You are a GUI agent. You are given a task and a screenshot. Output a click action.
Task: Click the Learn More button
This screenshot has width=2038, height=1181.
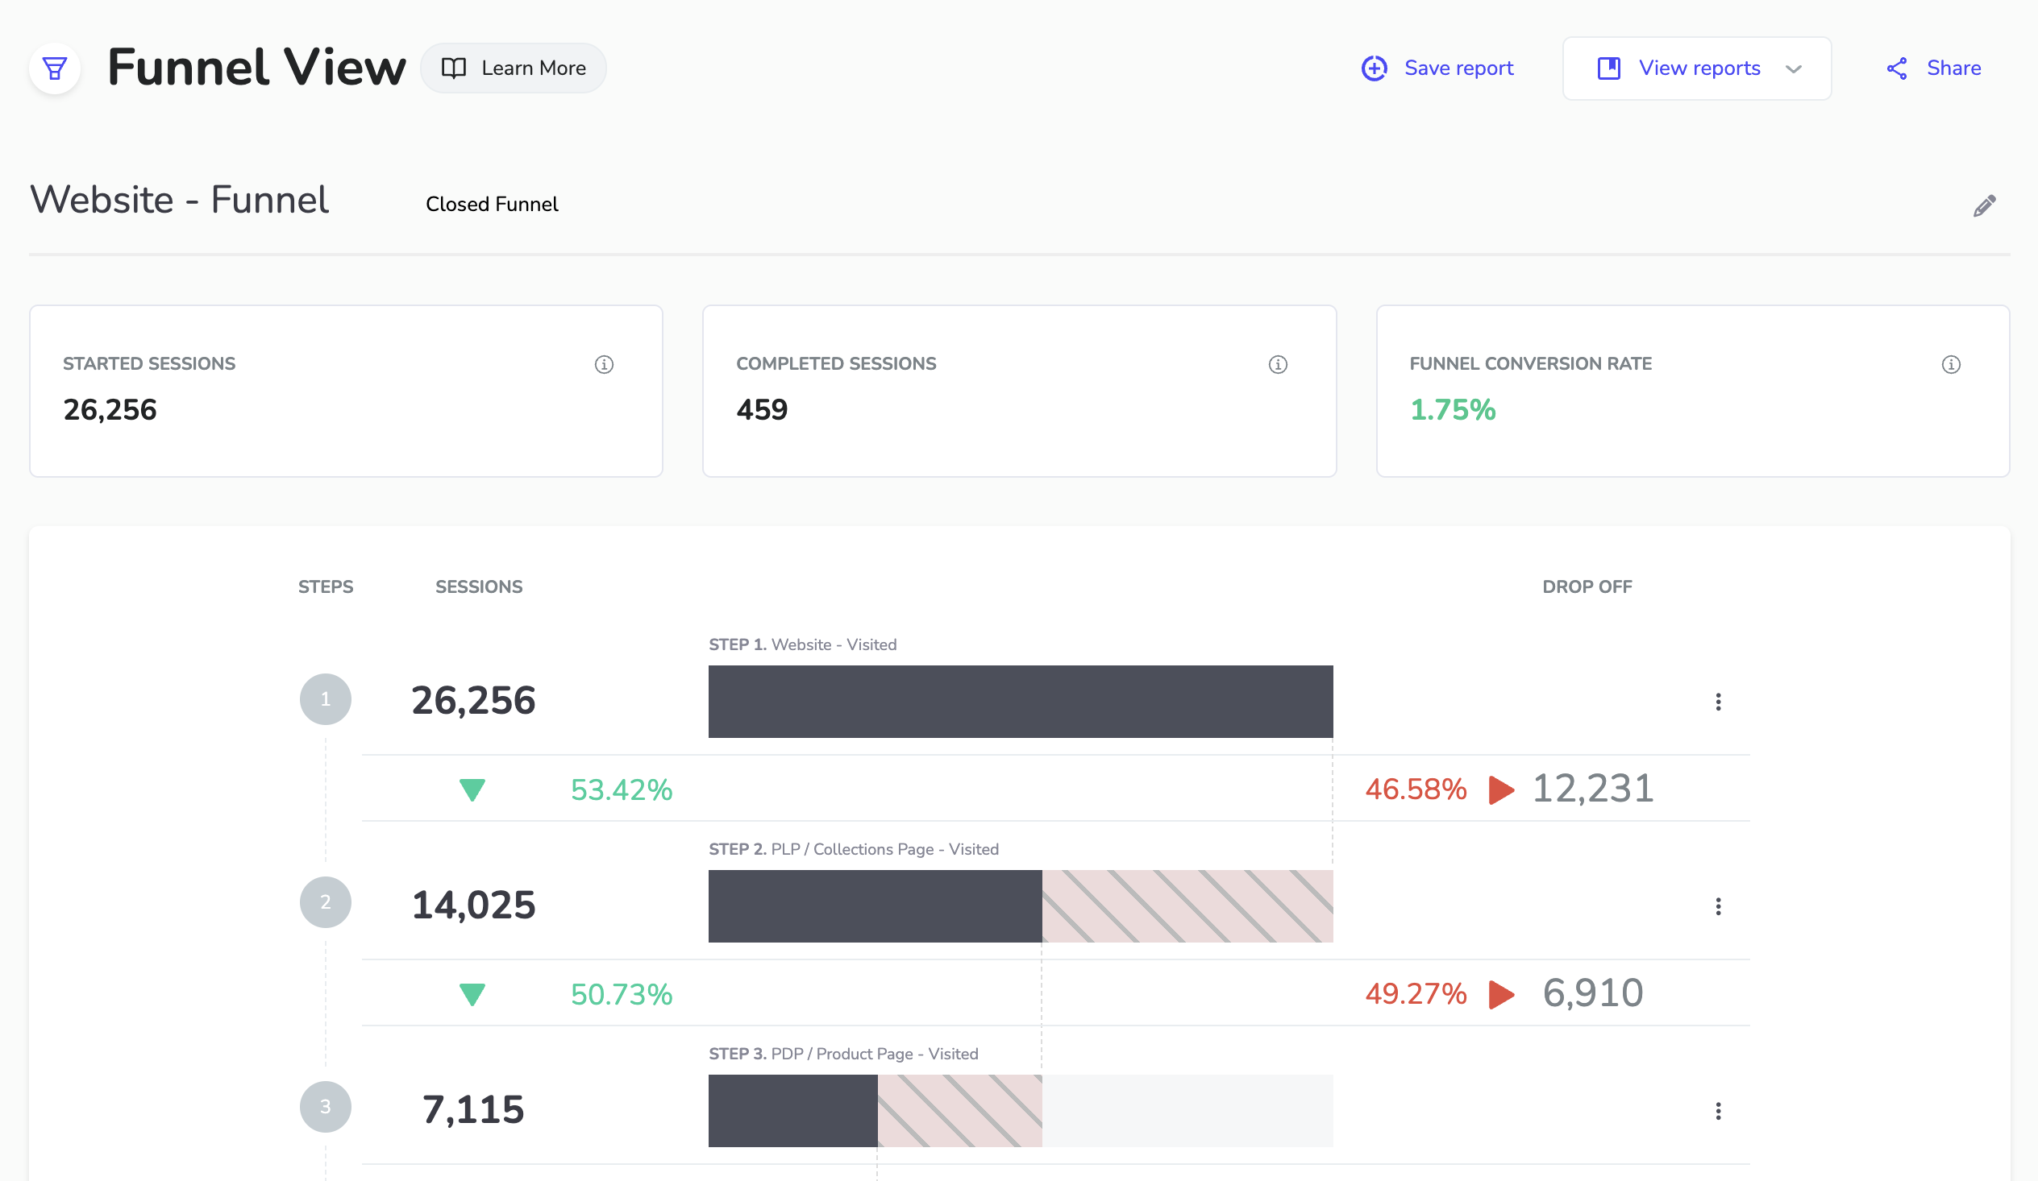coord(514,68)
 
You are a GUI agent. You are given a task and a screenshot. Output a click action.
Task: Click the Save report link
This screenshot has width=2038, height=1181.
coord(1437,68)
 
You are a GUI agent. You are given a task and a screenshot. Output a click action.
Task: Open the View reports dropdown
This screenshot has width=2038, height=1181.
coord(1697,68)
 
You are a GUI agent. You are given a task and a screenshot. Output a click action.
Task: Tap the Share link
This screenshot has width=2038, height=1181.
coord(1934,68)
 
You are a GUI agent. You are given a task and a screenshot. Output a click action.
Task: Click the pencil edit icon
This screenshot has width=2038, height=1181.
coord(1984,206)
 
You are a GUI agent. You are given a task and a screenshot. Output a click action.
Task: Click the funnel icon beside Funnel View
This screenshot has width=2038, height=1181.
coord(54,68)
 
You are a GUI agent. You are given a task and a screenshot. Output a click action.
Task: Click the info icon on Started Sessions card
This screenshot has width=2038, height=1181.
coord(604,365)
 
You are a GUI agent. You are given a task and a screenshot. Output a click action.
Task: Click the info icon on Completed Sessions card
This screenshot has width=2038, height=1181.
coord(1278,365)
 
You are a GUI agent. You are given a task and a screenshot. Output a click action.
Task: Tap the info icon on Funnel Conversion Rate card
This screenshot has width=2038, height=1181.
coord(1951,365)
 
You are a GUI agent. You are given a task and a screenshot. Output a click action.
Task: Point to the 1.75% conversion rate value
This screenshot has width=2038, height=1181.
coord(1453,410)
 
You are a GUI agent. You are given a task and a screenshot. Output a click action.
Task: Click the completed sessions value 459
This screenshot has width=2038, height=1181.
coord(761,410)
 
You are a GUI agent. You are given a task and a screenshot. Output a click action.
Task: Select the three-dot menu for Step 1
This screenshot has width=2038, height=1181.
coord(1718,702)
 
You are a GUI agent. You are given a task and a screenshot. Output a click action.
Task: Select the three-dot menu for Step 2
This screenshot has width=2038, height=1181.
coord(1718,906)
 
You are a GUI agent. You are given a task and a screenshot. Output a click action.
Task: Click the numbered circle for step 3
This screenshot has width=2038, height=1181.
coord(325,1107)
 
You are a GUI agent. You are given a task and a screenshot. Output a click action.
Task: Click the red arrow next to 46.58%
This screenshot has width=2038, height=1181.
coord(1501,789)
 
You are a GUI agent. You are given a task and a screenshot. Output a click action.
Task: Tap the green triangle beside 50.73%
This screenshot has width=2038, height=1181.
coord(472,994)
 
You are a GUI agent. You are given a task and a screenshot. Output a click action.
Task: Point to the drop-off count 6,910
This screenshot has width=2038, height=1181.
coord(1592,993)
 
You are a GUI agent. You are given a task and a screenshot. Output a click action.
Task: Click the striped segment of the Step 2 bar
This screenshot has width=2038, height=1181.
coord(1187,906)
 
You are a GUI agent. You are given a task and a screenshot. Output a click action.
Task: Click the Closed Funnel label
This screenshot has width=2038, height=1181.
coord(492,205)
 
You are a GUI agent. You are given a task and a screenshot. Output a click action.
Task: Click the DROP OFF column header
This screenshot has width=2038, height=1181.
coord(1586,586)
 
